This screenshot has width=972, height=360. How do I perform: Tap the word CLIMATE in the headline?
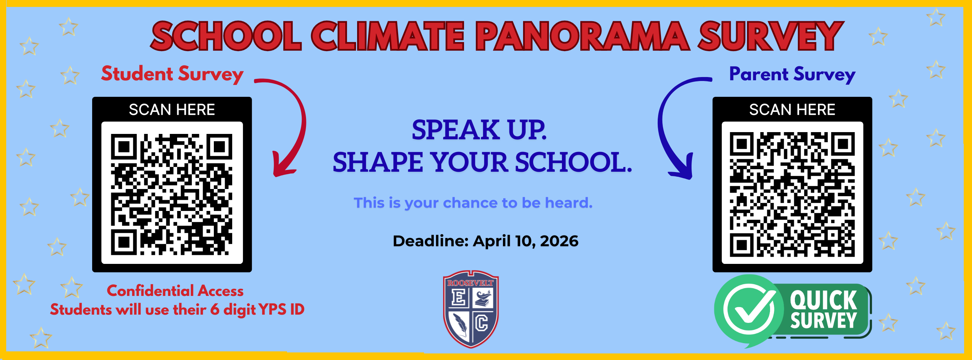coord(388,36)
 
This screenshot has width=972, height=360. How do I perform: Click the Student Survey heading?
coord(172,73)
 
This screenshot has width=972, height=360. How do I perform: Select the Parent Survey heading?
coord(792,74)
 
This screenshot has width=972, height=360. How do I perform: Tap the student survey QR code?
coord(172,194)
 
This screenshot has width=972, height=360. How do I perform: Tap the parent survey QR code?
coord(792,194)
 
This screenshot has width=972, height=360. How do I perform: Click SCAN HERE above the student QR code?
coord(172,110)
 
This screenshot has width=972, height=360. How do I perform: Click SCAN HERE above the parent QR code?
coord(792,110)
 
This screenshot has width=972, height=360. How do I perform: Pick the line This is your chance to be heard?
coord(473,203)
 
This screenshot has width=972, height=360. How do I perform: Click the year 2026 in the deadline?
coord(559,241)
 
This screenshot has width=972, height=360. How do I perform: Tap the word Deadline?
coord(430,241)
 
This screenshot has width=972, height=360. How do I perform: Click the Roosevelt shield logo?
coord(471,309)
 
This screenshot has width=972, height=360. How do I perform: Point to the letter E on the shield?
coord(458,297)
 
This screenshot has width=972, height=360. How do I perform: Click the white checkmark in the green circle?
coord(749,309)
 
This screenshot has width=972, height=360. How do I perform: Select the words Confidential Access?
coord(175,291)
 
